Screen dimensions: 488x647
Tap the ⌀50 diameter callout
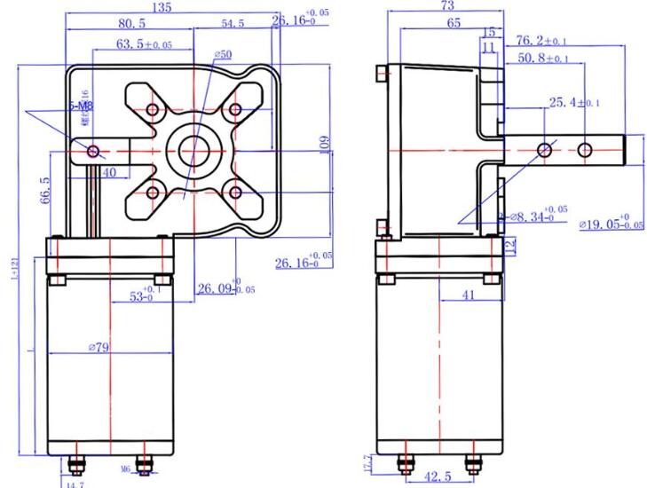[223, 56]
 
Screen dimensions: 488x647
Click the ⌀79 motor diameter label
[98, 348]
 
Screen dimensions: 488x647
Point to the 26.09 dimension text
[215, 288]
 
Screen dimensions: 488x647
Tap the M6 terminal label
[125, 468]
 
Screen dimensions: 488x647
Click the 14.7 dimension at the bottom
[75, 484]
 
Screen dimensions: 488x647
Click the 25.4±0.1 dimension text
[573, 104]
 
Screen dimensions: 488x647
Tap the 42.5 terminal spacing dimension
[436, 477]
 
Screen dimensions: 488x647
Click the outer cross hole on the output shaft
[584, 150]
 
